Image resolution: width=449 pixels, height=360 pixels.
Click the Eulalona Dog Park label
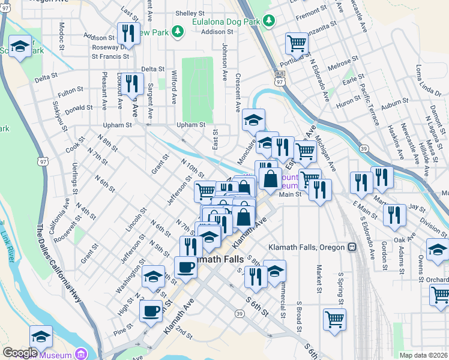226,20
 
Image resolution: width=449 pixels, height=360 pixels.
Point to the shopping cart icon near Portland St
296,43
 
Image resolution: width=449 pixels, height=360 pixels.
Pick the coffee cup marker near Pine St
150,311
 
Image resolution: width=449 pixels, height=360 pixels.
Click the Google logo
19,353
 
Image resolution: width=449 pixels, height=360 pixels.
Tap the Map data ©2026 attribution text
423,355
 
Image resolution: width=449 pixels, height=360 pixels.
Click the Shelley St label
190,13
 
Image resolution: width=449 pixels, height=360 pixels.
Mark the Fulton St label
70,91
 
